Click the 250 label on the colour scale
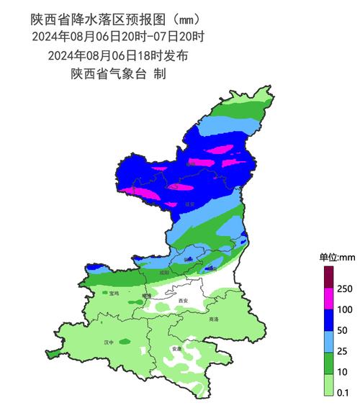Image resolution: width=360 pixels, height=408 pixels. click(x=344, y=289)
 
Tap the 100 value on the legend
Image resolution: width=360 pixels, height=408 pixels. click(x=344, y=310)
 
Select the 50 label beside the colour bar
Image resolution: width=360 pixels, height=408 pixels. click(x=342, y=331)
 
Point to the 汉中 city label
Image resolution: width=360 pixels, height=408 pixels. click(x=109, y=343)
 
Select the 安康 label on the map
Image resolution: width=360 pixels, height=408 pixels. click(x=176, y=349)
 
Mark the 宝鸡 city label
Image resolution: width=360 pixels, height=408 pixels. click(x=114, y=294)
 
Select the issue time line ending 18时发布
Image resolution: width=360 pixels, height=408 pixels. click(x=118, y=55)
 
